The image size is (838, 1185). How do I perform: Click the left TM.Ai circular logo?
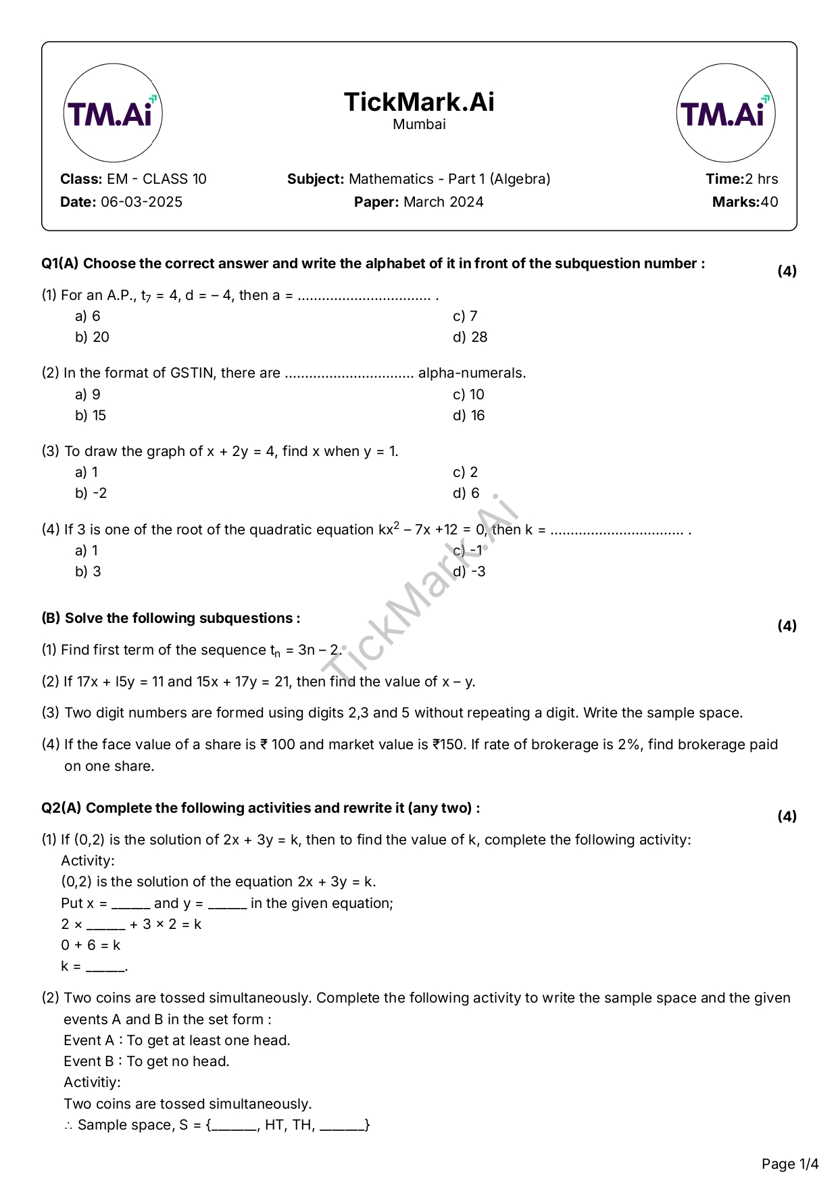click(x=113, y=113)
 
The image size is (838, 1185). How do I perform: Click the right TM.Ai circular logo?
click(x=725, y=113)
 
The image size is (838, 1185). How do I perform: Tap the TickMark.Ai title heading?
click(x=419, y=102)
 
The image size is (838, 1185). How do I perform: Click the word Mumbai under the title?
click(x=419, y=124)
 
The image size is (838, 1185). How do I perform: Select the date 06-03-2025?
click(x=141, y=202)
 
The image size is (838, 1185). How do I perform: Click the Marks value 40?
click(x=769, y=202)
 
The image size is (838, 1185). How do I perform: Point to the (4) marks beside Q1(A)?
click(x=787, y=271)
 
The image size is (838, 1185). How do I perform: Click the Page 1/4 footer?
click(x=789, y=1163)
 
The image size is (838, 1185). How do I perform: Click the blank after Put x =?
click(x=130, y=904)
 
